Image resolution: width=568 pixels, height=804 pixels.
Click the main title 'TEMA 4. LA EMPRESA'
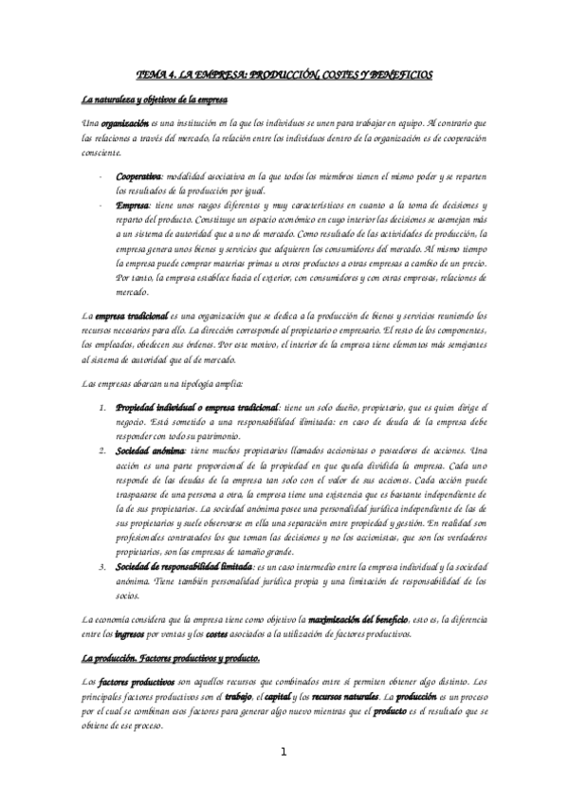[284, 73]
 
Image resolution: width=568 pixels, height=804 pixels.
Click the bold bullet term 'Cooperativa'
[138, 176]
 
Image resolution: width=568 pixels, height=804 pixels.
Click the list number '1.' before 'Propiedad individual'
[103, 407]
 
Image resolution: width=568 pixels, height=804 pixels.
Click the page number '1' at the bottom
[284, 752]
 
